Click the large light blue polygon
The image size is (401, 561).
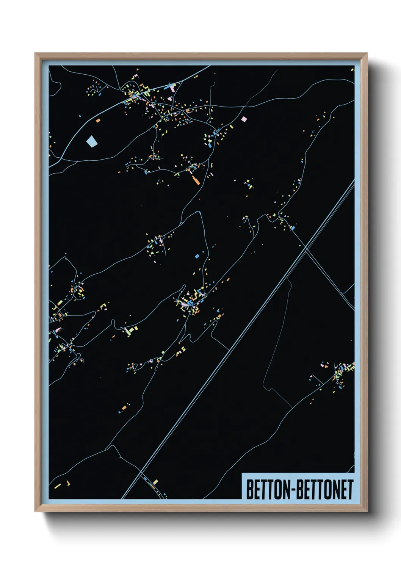pos(92,141)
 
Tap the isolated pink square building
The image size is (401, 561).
pos(244,119)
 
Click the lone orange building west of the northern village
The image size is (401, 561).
pos(98,121)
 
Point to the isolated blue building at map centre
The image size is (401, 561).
pos(197,256)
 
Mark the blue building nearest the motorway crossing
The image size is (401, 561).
pos(293,228)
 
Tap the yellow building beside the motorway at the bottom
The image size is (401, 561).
pos(155,482)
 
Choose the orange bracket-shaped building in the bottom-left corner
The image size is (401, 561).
pos(68,483)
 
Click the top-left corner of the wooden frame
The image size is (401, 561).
pos(35,53)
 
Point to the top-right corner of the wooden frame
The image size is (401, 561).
pos(367,53)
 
